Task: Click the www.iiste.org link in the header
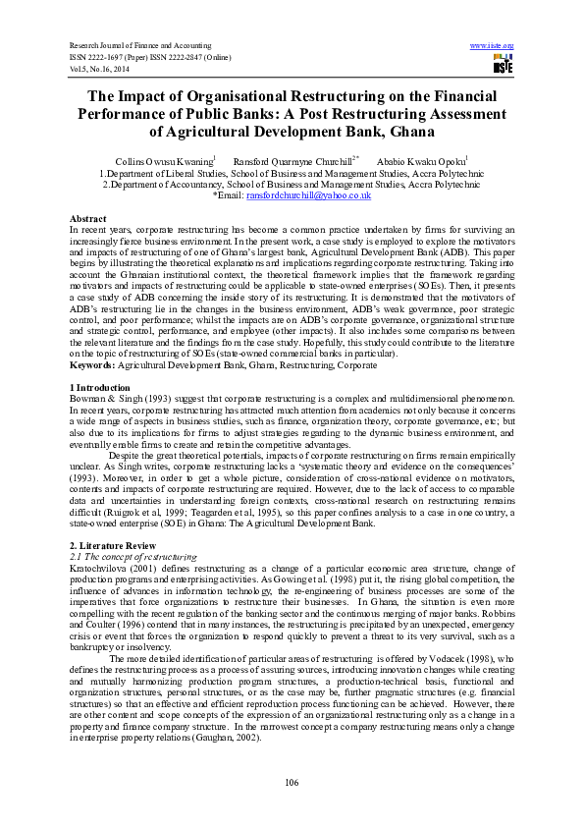pos(493,45)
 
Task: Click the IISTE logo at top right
pos(503,65)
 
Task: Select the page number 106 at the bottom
pos(291,782)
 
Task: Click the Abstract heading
pos(88,217)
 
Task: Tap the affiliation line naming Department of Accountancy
pos(292,184)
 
